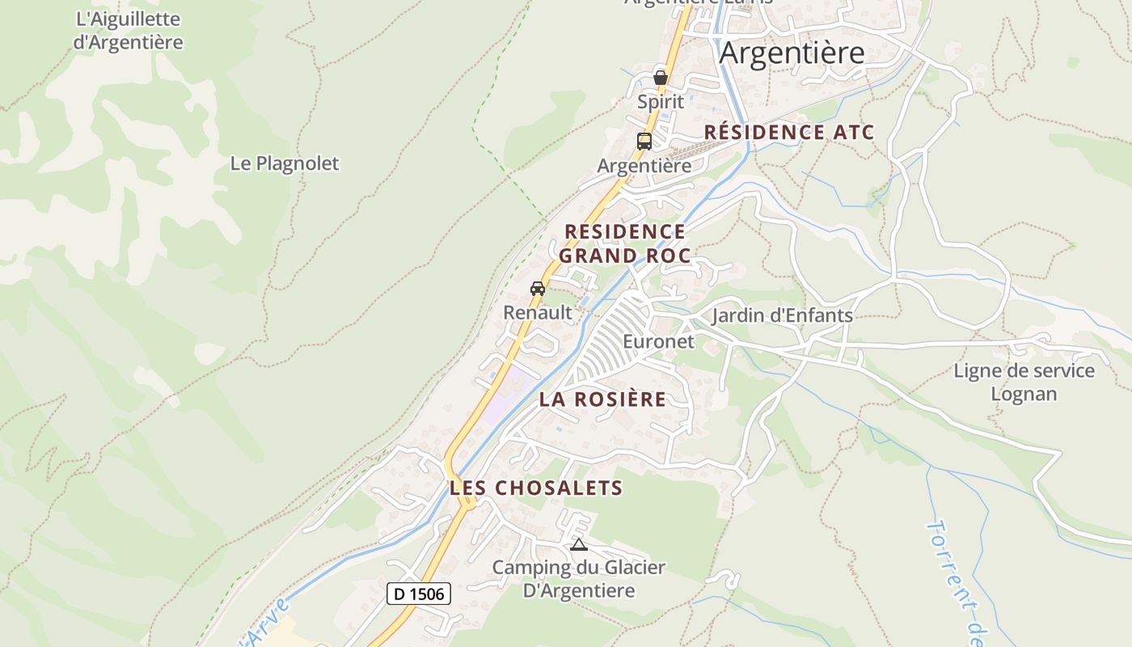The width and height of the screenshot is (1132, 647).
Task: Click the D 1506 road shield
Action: coord(418,594)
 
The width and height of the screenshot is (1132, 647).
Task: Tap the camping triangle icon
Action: coord(578,544)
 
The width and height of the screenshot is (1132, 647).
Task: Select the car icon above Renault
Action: coord(538,289)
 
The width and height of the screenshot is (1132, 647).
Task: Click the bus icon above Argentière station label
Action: coord(644,141)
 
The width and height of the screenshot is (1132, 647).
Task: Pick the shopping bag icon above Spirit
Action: coord(661,78)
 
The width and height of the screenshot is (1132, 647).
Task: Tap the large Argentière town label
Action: coord(792,53)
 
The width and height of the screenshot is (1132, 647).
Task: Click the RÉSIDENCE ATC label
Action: coord(789,133)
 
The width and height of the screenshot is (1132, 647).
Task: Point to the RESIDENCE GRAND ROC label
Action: coord(625,243)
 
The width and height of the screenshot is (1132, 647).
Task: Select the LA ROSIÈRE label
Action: coord(603,399)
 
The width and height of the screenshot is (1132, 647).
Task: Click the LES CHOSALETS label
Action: coord(536,488)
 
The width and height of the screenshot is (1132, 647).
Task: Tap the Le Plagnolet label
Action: coord(285,163)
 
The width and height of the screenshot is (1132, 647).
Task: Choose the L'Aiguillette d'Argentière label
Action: coord(128,31)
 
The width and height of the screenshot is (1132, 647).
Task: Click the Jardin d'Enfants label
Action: coord(782,315)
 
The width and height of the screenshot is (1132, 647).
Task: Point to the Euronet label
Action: coord(658,341)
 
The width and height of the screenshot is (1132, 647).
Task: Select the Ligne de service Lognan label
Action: coord(1024,382)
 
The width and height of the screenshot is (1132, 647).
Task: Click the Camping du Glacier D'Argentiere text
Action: coord(579,579)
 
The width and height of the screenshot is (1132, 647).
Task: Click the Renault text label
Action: coord(538,312)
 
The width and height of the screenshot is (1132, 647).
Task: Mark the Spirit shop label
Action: coord(661,102)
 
